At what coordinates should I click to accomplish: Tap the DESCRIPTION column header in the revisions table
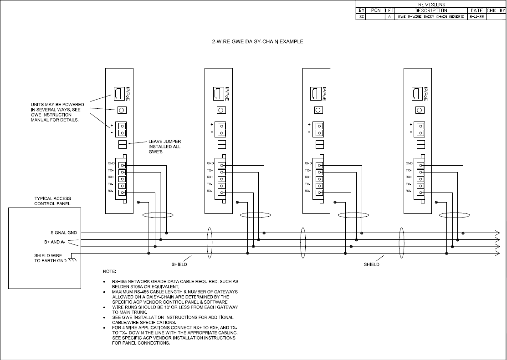click(x=431, y=10)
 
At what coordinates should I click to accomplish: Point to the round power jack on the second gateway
click(x=221, y=110)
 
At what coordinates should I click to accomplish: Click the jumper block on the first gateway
click(x=122, y=145)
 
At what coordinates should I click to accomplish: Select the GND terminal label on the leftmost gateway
click(x=111, y=163)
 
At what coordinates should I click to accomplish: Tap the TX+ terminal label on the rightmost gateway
click(x=409, y=170)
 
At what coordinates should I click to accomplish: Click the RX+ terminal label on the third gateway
click(x=308, y=177)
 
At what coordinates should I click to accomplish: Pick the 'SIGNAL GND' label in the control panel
click(x=64, y=233)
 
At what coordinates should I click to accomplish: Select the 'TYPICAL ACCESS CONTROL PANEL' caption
click(x=53, y=201)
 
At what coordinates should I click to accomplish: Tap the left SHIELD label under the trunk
click(x=179, y=264)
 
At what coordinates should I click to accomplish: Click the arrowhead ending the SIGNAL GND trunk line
click(x=497, y=233)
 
